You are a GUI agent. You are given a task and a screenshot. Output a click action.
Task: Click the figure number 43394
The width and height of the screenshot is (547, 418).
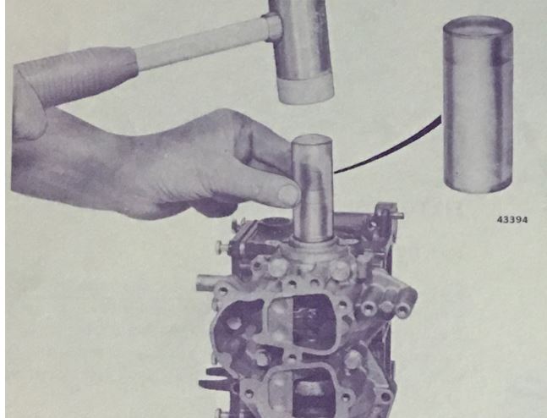point(512,220)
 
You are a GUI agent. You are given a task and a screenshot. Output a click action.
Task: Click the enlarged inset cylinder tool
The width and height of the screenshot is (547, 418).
point(478,104)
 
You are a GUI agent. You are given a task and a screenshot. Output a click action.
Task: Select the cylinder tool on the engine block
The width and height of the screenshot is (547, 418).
point(313,188)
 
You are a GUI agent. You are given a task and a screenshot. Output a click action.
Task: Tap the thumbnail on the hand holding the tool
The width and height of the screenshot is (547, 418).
point(289,195)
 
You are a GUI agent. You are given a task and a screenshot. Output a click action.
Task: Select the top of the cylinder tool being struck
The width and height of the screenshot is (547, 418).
point(312,140)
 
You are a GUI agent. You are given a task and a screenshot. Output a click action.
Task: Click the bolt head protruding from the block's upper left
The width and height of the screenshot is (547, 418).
point(221,246)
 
